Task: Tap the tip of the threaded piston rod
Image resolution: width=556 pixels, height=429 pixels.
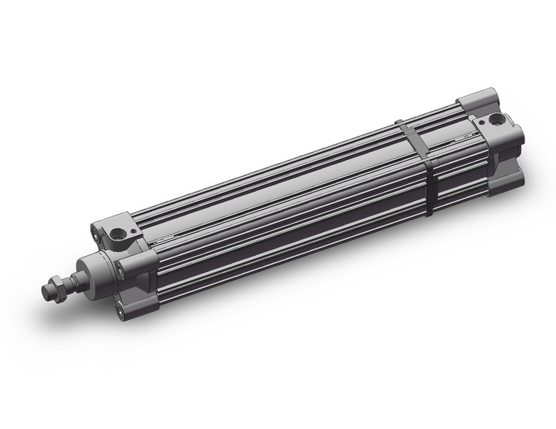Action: [45, 290]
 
